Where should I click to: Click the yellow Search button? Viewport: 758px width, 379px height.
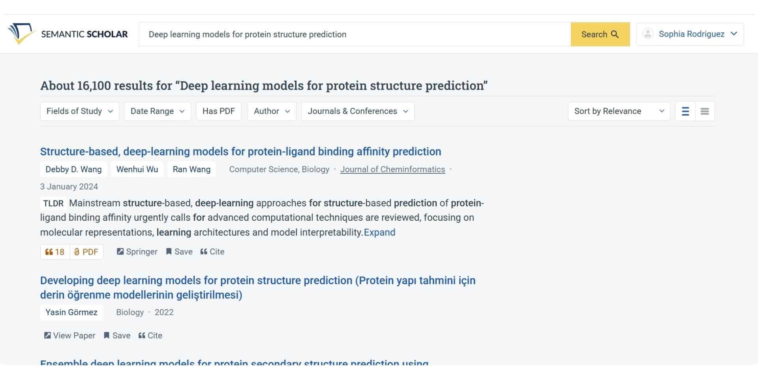(x=600, y=34)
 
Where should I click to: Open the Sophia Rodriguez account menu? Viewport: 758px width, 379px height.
(x=690, y=34)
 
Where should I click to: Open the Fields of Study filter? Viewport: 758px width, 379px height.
(x=79, y=111)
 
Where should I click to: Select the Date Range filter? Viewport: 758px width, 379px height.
(x=157, y=111)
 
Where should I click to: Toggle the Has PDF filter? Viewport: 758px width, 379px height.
(x=218, y=111)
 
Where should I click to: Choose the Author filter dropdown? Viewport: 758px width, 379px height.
(x=272, y=111)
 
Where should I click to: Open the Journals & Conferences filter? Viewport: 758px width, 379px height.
(x=357, y=111)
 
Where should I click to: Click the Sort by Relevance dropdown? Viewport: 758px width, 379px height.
(x=619, y=111)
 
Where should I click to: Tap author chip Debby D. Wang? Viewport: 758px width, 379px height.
(x=73, y=169)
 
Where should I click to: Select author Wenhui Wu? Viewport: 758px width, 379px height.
(x=137, y=169)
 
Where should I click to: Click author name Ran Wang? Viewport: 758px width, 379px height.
(x=191, y=169)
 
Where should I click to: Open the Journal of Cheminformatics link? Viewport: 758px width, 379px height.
(x=392, y=169)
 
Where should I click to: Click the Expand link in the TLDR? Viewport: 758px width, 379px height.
(x=379, y=233)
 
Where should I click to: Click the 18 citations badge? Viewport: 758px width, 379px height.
(x=55, y=252)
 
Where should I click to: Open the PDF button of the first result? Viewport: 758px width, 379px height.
(x=86, y=252)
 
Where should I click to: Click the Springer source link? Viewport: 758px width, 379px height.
(x=137, y=252)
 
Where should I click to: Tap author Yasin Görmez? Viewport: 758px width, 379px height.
(x=71, y=312)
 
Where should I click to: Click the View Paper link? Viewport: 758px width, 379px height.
(x=70, y=336)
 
